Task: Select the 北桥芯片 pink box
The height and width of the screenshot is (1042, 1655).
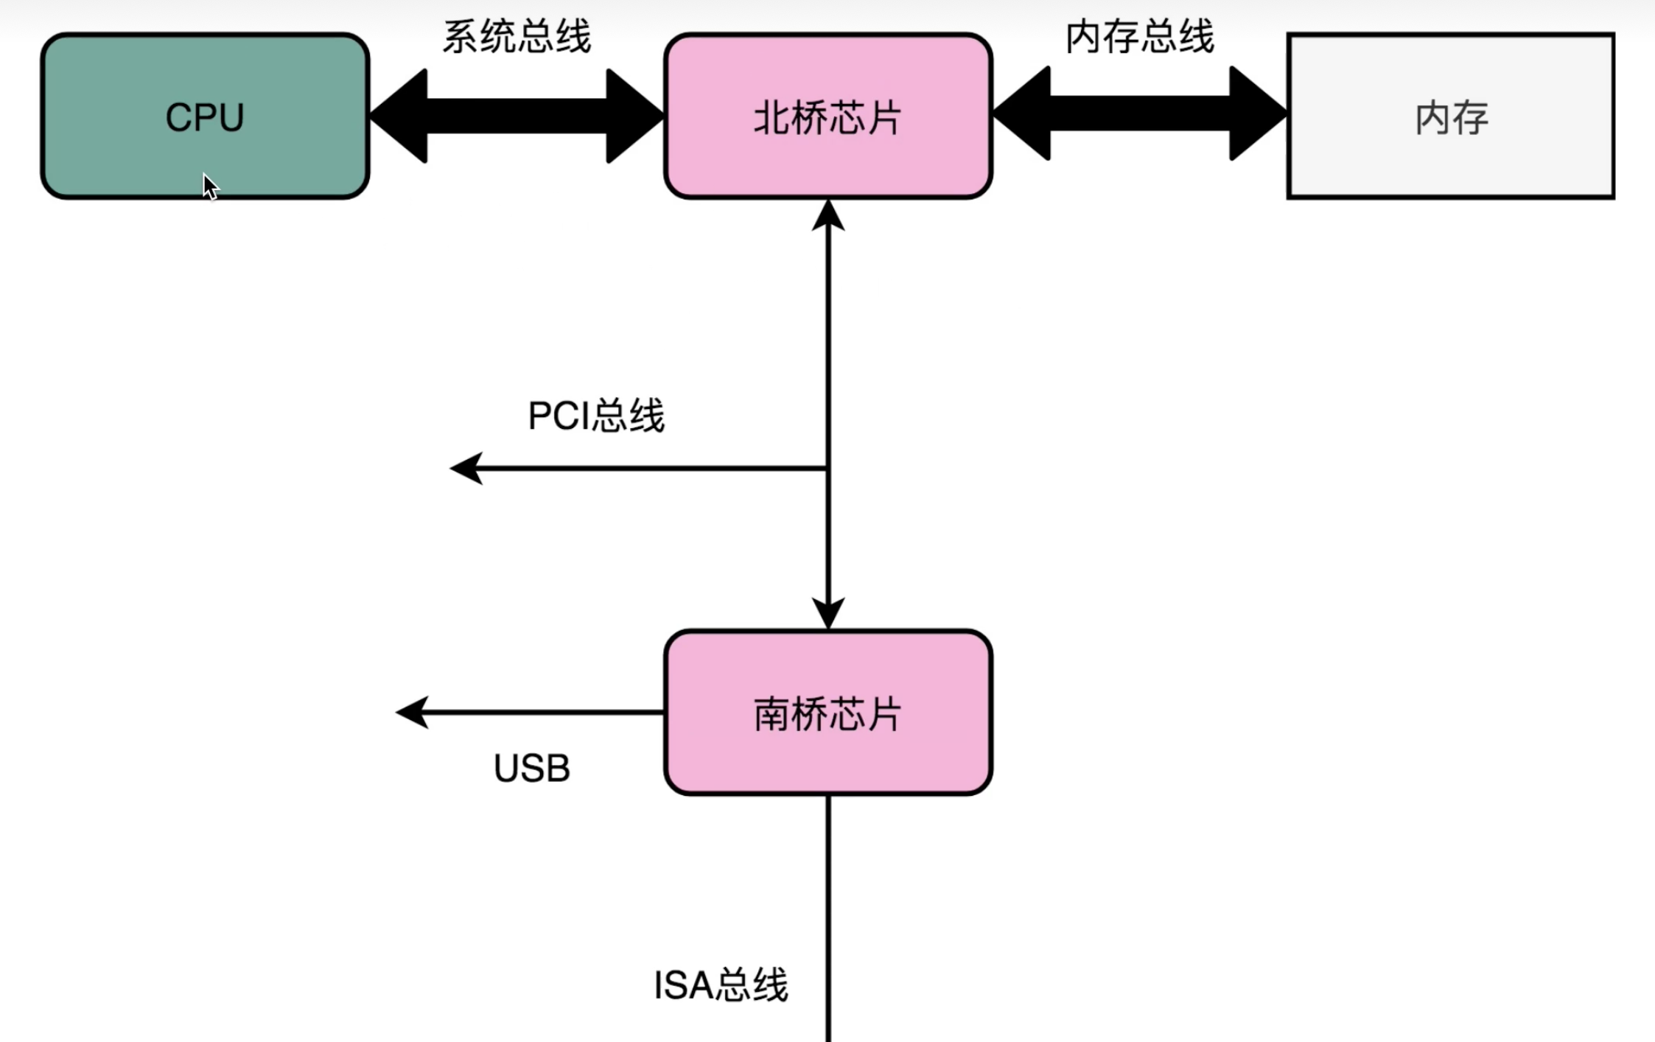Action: [x=827, y=116]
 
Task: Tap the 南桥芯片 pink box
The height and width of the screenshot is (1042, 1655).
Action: [x=827, y=713]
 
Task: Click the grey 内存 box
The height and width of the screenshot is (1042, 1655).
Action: [x=1450, y=116]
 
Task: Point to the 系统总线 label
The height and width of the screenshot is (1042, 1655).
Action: [x=517, y=36]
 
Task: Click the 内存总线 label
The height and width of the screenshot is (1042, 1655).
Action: [x=1139, y=36]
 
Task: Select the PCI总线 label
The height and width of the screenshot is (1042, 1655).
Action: [x=595, y=416]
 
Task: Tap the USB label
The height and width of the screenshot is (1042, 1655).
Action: [x=531, y=769]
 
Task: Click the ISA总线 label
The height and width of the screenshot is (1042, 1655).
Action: [x=721, y=985]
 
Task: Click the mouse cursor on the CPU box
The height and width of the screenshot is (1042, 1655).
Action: [x=210, y=186]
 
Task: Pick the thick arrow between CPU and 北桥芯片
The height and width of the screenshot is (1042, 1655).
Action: [x=517, y=116]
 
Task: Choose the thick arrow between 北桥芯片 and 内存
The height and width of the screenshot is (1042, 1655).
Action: [x=1139, y=113]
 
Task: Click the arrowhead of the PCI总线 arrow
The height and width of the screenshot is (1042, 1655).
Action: [x=466, y=468]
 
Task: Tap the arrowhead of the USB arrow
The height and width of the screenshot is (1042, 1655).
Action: [x=412, y=712]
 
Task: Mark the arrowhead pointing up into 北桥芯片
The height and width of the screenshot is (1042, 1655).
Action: [x=828, y=215]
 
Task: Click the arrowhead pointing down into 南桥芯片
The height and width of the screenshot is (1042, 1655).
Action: [x=828, y=613]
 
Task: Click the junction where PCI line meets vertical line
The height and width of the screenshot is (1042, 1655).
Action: [x=828, y=468]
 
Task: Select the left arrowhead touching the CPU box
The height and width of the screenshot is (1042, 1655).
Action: [x=399, y=116]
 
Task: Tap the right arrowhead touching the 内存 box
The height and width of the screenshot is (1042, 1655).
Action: [x=1257, y=113]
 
